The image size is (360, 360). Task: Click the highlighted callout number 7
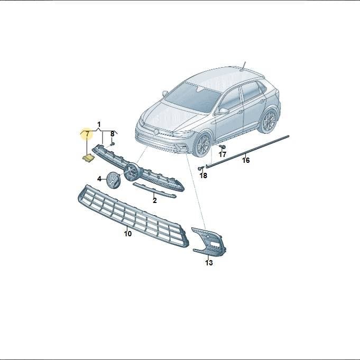(87, 134)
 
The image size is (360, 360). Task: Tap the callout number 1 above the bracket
(99, 125)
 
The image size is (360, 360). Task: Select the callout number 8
(112, 134)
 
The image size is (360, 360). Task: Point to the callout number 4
(99, 179)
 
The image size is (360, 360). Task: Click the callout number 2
(155, 200)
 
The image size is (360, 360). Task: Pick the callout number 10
(128, 234)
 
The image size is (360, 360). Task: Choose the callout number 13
(209, 263)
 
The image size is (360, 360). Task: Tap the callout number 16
(246, 160)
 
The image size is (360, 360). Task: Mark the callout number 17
(223, 154)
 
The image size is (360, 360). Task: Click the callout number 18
(204, 176)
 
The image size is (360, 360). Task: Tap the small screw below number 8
(113, 144)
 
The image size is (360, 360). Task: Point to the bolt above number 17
(222, 146)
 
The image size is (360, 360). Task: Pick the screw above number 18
(201, 169)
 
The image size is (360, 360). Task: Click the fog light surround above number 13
(209, 242)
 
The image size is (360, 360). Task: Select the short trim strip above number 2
(155, 190)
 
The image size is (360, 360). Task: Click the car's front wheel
(202, 144)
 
